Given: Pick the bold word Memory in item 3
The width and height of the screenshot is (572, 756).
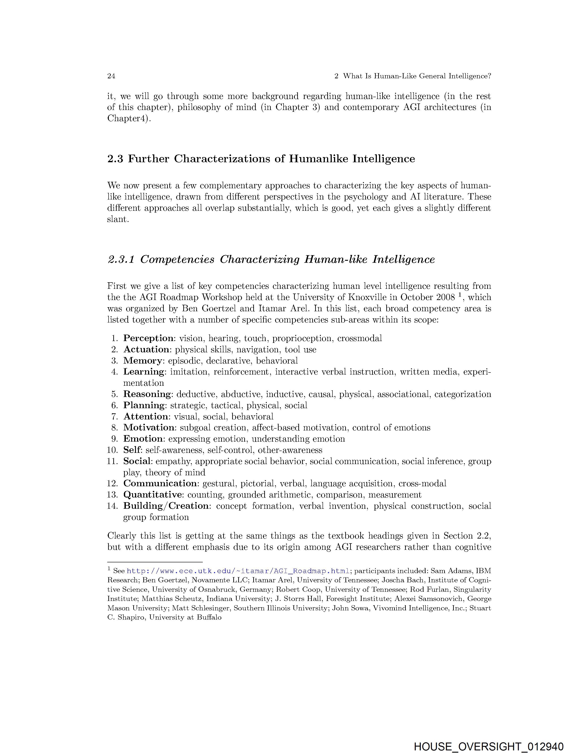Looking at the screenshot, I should click(142, 361).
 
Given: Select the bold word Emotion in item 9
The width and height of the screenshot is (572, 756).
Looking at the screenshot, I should click(143, 439).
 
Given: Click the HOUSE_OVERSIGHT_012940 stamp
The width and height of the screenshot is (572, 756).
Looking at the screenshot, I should click(489, 747).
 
